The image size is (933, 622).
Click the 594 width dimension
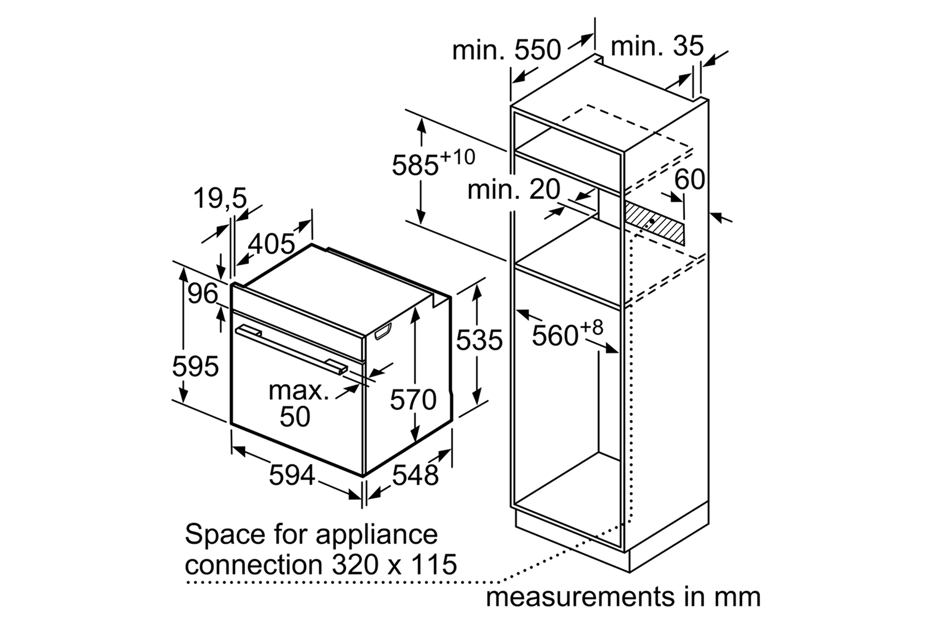point(292,475)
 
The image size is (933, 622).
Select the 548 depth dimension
point(415,475)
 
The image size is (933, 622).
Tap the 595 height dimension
point(195,366)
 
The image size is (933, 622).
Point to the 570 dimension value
point(413,400)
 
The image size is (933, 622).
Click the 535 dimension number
point(479,340)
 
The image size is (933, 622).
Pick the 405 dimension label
point(272,244)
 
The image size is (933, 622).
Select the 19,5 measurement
point(220,198)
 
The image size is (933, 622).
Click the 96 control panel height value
point(203,294)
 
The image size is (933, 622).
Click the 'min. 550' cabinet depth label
point(506,50)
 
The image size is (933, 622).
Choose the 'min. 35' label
point(657,46)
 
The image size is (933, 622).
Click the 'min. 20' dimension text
point(514,190)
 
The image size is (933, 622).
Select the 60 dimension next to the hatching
point(690,180)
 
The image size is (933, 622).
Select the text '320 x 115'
point(394,565)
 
